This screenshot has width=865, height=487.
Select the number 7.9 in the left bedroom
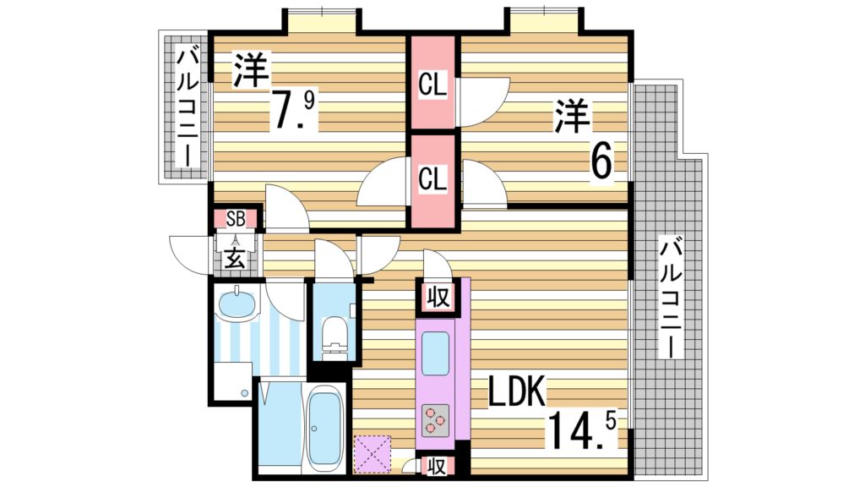[293, 110]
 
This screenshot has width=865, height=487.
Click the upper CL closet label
[433, 85]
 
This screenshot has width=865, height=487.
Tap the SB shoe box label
[235, 219]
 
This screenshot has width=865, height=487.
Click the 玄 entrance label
[235, 259]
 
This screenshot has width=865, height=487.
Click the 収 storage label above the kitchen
[436, 297]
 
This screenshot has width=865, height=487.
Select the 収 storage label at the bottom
[436, 464]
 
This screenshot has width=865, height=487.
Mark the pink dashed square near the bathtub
[373, 453]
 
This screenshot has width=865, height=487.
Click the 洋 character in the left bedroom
[249, 70]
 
